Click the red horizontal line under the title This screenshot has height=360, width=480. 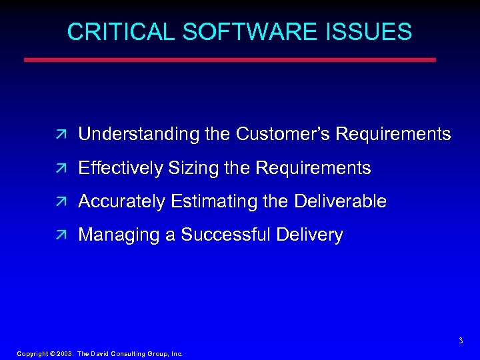230,59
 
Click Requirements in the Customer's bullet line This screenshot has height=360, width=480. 393,135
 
